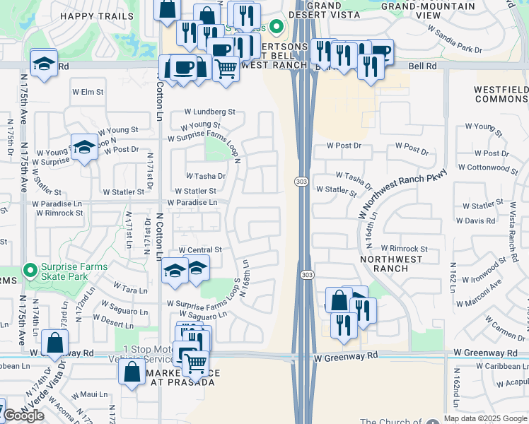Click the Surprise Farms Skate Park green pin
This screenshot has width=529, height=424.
click(x=30, y=270)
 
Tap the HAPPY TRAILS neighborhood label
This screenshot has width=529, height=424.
click(x=96, y=16)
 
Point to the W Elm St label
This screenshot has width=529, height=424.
click(x=88, y=92)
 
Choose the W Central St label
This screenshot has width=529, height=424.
click(x=200, y=250)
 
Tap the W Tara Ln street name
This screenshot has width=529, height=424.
click(x=130, y=290)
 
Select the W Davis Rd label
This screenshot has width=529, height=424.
click(x=475, y=220)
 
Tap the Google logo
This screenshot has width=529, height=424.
click(x=23, y=416)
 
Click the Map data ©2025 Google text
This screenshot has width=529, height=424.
click(x=484, y=418)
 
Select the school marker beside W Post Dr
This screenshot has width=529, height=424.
click(x=84, y=147)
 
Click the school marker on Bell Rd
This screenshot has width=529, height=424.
click(x=43, y=62)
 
